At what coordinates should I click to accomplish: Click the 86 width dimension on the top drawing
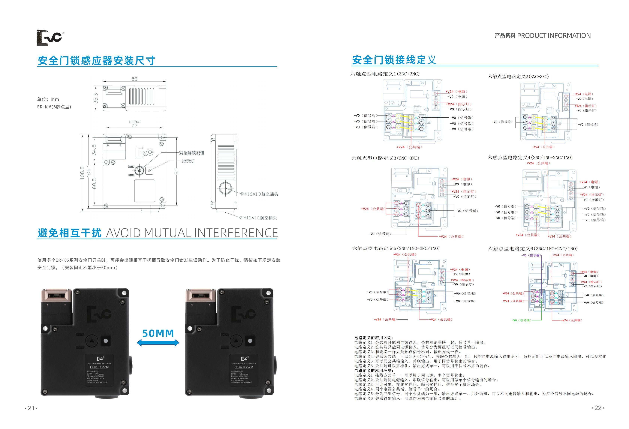coord(134,79)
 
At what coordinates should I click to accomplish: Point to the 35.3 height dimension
coord(96,98)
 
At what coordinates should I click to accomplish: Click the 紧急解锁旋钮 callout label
coord(192,153)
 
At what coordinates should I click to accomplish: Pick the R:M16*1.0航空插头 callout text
coord(259,194)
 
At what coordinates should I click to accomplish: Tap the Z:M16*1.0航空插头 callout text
coord(258,218)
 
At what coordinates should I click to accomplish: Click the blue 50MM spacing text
coord(158,333)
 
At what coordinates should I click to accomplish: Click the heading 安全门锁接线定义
coord(394,60)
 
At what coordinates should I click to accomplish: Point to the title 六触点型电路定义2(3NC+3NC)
coord(518,77)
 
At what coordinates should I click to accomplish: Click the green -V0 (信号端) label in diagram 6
coord(522,320)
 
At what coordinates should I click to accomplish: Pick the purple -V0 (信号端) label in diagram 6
coord(531,255)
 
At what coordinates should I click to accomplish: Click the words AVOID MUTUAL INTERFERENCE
coord(192,233)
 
